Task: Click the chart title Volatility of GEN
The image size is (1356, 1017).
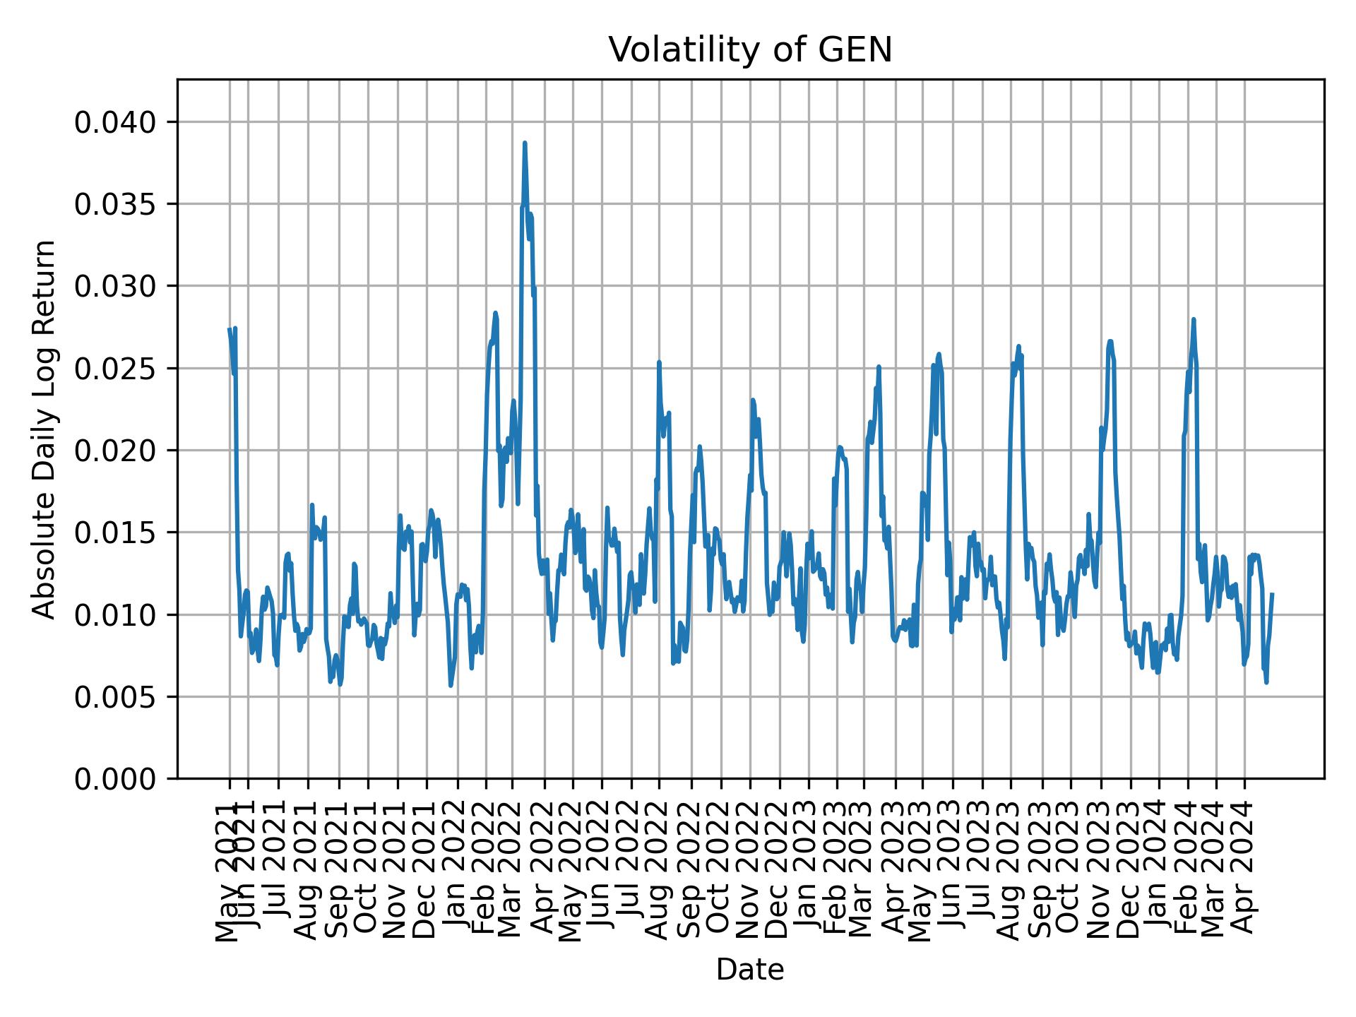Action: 750,50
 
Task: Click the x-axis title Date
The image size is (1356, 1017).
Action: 750,970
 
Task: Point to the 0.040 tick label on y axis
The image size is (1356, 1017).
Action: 115,123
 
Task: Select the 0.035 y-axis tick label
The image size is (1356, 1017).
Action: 115,205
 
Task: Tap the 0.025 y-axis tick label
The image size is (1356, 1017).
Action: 115,369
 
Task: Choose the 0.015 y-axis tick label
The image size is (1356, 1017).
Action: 115,533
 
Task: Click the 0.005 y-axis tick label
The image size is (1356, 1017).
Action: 115,697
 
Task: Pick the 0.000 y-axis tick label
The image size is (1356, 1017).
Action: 115,779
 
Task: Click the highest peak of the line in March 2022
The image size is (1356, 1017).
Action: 525,143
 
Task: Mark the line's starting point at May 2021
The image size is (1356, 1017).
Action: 230,329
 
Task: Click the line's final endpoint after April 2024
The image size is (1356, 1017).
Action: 1272,594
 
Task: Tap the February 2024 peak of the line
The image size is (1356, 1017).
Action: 1194,319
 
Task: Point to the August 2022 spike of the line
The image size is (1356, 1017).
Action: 659,362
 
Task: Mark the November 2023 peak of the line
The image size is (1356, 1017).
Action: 1110,341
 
